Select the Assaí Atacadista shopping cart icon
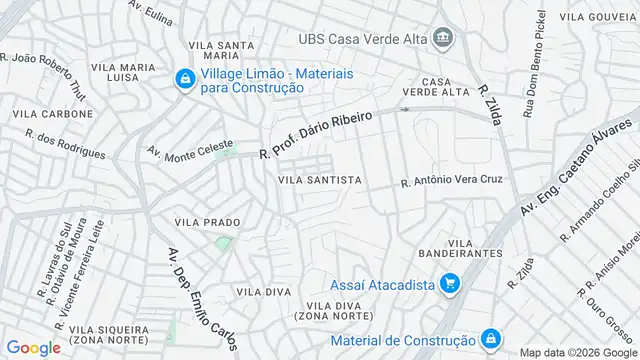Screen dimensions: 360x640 (x=449, y=285)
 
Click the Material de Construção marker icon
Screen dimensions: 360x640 (x=490, y=340)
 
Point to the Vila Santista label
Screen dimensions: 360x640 (x=319, y=180)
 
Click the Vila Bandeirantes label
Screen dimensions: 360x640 (x=475, y=249)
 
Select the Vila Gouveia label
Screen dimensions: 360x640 (x=597, y=17)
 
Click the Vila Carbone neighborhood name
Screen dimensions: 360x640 (x=52, y=114)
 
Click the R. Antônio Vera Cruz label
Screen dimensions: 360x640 (x=452, y=181)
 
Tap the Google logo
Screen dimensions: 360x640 (x=33, y=347)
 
